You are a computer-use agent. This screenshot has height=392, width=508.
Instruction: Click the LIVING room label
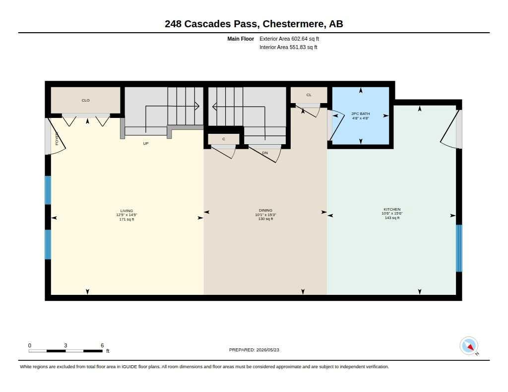coord(127,211)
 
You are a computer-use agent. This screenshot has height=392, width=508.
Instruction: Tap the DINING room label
coord(266,210)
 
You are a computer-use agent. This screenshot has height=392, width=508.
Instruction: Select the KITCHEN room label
coord(392,210)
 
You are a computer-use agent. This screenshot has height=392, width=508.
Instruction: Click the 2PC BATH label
coord(361,113)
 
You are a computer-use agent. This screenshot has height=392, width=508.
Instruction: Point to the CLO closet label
coord(85,100)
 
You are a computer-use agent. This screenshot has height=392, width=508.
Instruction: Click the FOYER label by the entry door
coord(57,138)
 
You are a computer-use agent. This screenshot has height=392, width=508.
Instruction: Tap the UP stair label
coord(146,143)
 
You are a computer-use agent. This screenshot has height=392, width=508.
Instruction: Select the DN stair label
coord(265,153)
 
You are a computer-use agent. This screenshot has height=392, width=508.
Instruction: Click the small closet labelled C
coord(224,139)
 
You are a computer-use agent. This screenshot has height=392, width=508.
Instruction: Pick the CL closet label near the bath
coord(309,95)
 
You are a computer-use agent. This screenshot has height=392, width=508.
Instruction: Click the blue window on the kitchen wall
coord(459,248)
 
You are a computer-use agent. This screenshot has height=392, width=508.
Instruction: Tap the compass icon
coord(469,346)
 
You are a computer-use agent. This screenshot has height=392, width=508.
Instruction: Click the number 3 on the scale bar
coord(65,345)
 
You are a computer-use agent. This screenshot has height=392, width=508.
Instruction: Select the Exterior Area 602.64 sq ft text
coord(289,39)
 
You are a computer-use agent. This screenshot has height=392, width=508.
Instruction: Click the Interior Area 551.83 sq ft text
coord(288,47)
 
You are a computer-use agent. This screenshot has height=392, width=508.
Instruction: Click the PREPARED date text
coord(254,350)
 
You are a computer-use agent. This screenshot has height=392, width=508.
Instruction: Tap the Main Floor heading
coord(241,39)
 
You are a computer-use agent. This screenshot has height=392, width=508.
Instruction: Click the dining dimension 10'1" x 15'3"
coord(266,215)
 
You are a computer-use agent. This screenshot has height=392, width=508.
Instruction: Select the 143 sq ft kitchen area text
coord(392,218)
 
